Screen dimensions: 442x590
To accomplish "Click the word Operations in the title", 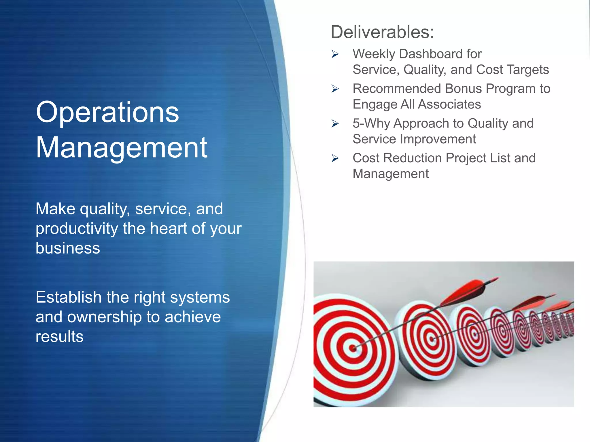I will (x=107, y=113).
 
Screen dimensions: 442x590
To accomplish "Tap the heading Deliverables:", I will (x=382, y=32).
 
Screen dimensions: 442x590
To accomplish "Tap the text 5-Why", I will (x=371, y=123).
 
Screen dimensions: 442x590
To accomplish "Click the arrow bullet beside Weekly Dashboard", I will (x=335, y=54).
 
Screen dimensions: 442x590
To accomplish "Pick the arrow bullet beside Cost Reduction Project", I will (x=335, y=158).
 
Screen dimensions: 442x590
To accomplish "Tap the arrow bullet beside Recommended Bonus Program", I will (x=335, y=89).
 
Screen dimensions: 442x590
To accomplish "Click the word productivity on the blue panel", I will (x=77, y=229).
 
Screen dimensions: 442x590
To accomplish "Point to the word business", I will (x=68, y=248).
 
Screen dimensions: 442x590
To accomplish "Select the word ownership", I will (x=105, y=317).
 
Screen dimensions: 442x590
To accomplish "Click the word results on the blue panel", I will (x=60, y=336).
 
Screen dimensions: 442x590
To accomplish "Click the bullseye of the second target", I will (x=432, y=339).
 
